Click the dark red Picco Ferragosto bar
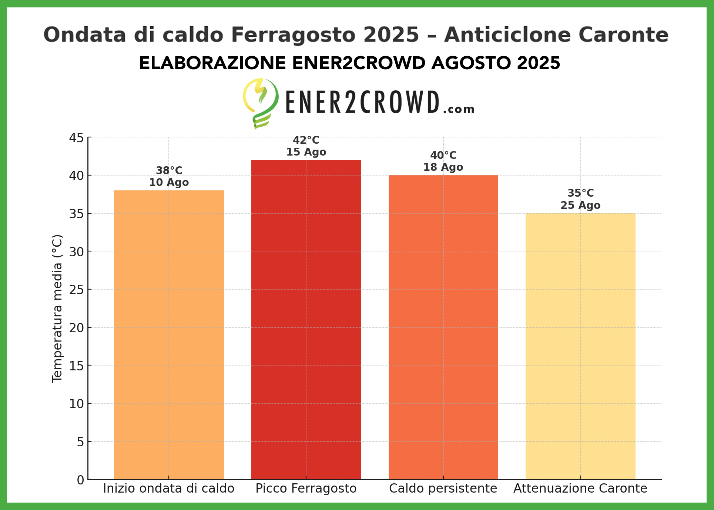[306, 319]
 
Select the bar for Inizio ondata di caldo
[169, 333]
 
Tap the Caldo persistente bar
[443, 326]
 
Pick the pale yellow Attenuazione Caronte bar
[580, 344]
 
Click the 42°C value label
[306, 140]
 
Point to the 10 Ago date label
[169, 183]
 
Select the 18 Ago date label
[443, 167]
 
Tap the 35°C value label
[580, 193]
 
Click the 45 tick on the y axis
[77, 138]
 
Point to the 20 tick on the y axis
[77, 328]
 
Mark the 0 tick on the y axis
[80, 480]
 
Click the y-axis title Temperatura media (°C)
[57, 308]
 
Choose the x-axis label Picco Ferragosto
[306, 489]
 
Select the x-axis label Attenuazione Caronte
[580, 489]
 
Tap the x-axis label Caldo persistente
[443, 489]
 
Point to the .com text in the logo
[459, 109]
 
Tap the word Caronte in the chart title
[623, 35]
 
